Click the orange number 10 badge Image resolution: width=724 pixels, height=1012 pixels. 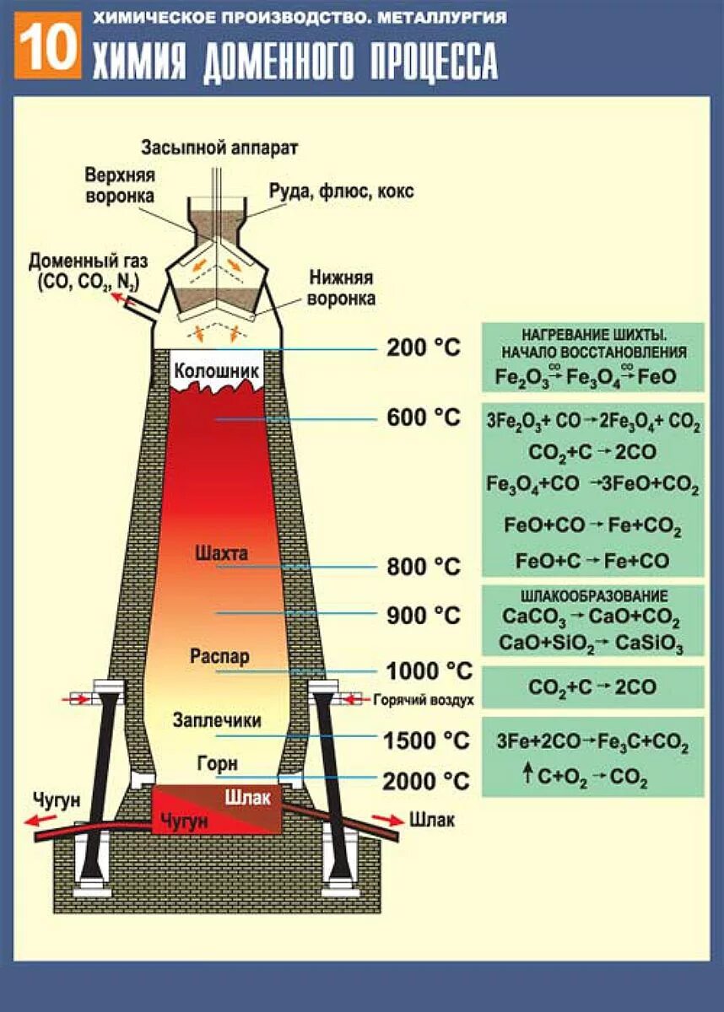pyautogui.click(x=49, y=48)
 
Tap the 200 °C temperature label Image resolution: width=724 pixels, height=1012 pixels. pyautogui.click(x=424, y=347)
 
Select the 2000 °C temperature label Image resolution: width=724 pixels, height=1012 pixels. pyautogui.click(x=425, y=781)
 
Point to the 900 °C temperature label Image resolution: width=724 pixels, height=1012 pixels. pyautogui.click(x=424, y=616)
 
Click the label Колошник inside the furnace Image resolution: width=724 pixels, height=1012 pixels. pyautogui.click(x=215, y=371)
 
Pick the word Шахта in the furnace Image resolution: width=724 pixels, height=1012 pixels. pyautogui.click(x=221, y=554)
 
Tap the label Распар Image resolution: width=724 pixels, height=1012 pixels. pyautogui.click(x=219, y=657)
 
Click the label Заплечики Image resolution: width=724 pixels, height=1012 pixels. pyautogui.click(x=217, y=721)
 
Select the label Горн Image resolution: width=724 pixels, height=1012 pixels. pyautogui.click(x=218, y=763)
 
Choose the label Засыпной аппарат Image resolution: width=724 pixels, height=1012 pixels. pyautogui.click(x=219, y=148)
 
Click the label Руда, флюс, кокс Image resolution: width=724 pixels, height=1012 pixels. pyautogui.click(x=341, y=191)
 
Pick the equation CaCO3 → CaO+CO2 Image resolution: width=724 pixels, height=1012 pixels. pyautogui.click(x=591, y=619)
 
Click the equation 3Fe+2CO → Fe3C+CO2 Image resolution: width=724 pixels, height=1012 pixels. pyautogui.click(x=592, y=745)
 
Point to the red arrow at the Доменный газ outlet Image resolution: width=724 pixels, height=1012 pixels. pyautogui.click(x=124, y=298)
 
